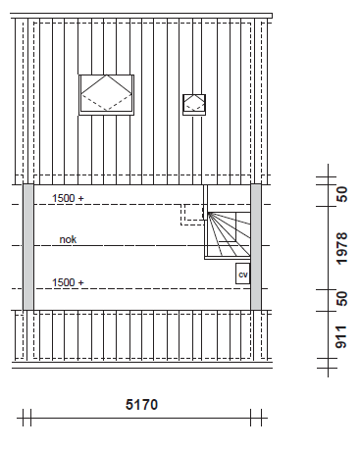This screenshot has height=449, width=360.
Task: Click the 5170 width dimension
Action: coord(141,405)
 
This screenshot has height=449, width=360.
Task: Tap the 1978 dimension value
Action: coord(341,248)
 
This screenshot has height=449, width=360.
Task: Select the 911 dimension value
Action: coord(341,337)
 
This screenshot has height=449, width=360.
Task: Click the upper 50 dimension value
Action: coord(341,194)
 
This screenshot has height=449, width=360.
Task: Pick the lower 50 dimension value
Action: coord(341,299)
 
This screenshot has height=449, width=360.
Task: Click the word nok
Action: coord(68,239)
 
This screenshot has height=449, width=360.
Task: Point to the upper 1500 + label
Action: coord(68,198)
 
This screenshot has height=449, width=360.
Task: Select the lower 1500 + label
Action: coord(68,282)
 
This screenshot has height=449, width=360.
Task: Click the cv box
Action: coord(243,274)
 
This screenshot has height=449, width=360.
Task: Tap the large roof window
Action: coord(107,95)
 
